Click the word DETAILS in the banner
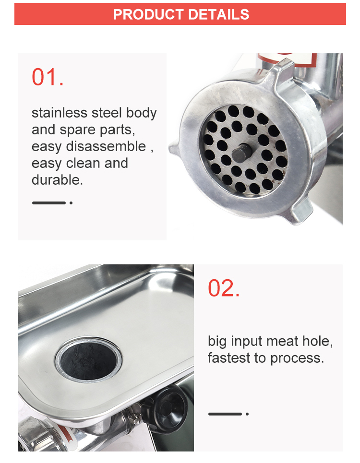(x=218, y=14)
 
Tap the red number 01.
(x=48, y=77)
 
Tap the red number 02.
(x=224, y=288)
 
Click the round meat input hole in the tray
(x=85, y=359)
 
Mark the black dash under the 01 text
(x=48, y=203)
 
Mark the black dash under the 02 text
(x=225, y=414)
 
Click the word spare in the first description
(x=75, y=130)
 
